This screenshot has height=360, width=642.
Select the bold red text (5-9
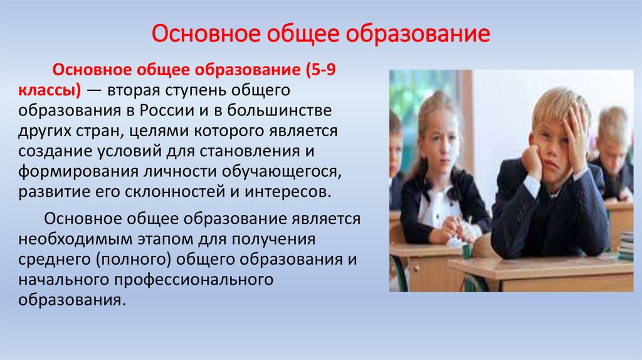point(320,70)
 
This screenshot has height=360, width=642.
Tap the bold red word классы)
point(50,90)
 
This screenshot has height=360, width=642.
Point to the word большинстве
point(279,110)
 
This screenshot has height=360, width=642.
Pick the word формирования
point(78,171)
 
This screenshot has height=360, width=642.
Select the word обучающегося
point(282,172)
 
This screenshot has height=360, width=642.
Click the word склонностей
point(175,191)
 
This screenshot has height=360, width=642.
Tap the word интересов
point(288,191)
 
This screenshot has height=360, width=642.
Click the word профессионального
point(194,279)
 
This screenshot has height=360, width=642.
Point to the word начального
point(64,279)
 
